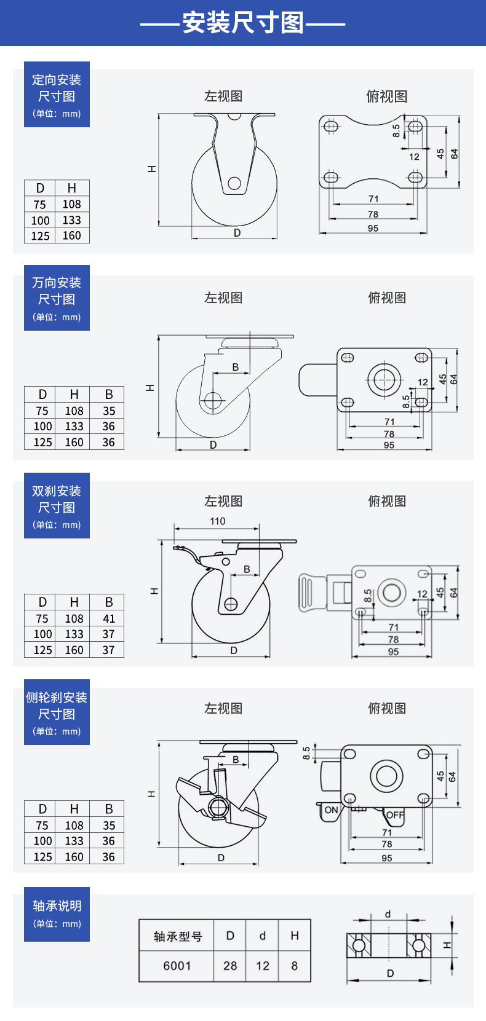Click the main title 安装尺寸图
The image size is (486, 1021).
coord(243,23)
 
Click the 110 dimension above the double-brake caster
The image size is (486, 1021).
coord(217,521)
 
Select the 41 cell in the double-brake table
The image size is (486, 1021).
coord(109,618)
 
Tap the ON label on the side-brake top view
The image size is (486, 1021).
coord(331,810)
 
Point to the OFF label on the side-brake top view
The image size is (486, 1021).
coord(395,815)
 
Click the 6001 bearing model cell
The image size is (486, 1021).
coord(177,966)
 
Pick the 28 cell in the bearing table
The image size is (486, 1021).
coord(230,966)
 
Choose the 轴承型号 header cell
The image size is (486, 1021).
coord(177,936)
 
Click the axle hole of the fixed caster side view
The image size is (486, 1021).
coord(234,183)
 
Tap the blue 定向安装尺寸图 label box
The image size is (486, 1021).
coord(57,95)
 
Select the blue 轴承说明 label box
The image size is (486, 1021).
coord(57,914)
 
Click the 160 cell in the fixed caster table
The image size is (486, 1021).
coord(71,235)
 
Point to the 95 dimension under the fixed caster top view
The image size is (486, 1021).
coord(373,228)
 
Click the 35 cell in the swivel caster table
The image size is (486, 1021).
coord(109,411)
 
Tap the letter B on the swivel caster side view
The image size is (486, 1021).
coord(235,367)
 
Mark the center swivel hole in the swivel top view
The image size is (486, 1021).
coord(384,379)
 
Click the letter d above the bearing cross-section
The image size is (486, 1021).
coord(388,914)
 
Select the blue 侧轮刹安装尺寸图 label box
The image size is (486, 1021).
coord(57,712)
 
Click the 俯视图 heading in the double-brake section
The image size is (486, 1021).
coord(387,501)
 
